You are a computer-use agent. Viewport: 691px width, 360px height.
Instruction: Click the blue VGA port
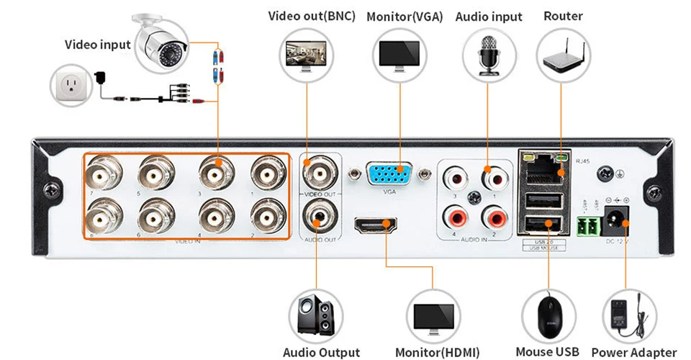pos(390,176)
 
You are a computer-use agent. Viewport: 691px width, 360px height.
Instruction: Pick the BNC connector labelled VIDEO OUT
pos(317,174)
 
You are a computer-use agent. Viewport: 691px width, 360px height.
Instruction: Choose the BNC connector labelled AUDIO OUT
pos(317,214)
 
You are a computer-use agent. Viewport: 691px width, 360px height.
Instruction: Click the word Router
pos(563,16)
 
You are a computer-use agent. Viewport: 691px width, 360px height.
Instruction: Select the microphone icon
pos(488,55)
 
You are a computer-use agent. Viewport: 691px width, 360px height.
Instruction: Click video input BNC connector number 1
pos(267,174)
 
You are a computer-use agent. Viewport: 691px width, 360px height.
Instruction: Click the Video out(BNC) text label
pos(312,16)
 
